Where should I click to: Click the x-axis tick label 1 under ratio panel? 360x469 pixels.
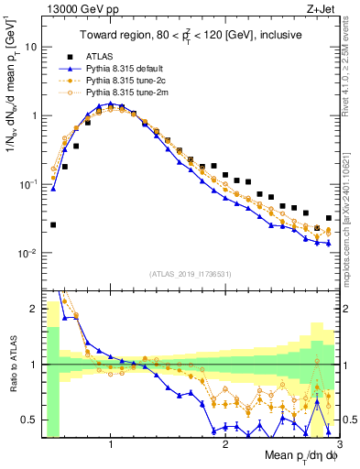tap(111, 444)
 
